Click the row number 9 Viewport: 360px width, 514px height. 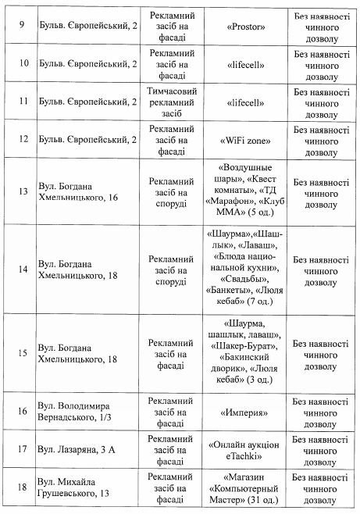(x=20, y=26)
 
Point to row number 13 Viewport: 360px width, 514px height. (x=20, y=190)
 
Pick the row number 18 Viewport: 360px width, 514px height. (x=21, y=488)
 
